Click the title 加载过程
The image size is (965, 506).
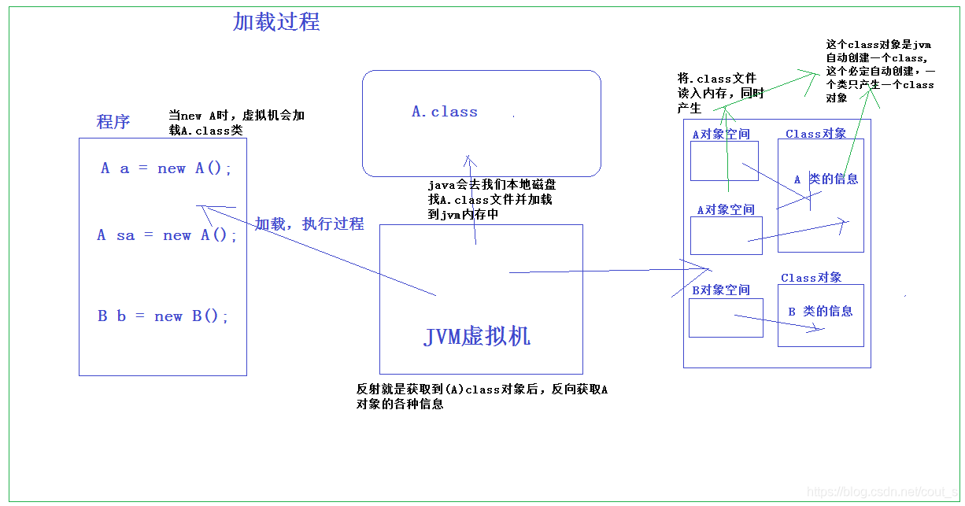(x=276, y=22)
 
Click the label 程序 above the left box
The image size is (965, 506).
(x=113, y=122)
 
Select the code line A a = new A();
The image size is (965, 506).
(x=166, y=168)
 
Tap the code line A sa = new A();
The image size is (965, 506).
(x=167, y=235)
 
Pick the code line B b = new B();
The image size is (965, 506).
(x=163, y=316)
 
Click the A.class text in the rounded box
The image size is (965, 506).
(x=445, y=112)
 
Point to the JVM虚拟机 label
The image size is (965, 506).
(x=477, y=337)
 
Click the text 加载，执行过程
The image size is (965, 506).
(x=309, y=224)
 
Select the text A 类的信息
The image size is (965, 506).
(x=826, y=179)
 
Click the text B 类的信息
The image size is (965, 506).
(x=820, y=312)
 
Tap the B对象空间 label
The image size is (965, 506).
(x=721, y=290)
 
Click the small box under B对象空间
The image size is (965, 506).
(x=726, y=318)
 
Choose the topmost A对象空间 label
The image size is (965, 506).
(x=721, y=135)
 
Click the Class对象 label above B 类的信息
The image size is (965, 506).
(x=811, y=278)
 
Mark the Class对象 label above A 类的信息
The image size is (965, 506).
(x=815, y=135)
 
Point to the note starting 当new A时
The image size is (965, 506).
(x=236, y=123)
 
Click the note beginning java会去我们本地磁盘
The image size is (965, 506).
(x=491, y=200)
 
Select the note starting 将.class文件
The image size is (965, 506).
(x=720, y=94)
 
